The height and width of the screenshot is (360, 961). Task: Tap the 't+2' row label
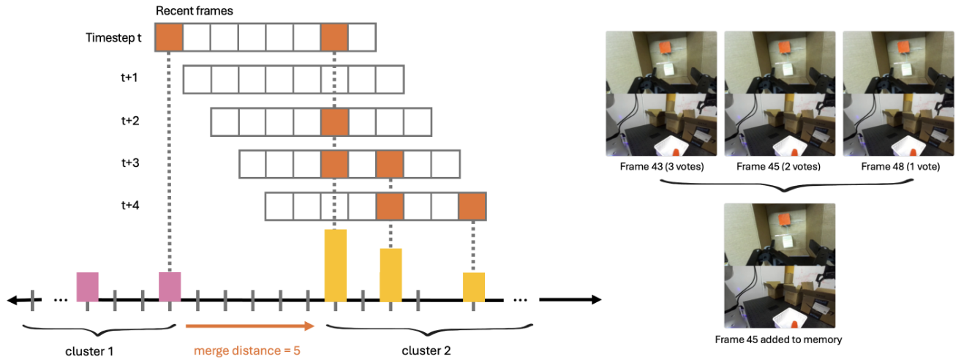coord(131,121)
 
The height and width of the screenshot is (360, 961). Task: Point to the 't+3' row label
coord(131,163)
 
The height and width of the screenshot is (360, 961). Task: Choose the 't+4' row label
coord(131,206)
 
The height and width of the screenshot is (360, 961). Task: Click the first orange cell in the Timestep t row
coord(169,37)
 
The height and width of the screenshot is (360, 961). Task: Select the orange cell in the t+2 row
coord(334,121)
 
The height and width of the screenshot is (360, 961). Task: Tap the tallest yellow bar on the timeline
coord(335,265)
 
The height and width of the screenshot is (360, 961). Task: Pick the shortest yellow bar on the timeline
coord(473,286)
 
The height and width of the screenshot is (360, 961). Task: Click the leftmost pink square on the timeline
coord(87,286)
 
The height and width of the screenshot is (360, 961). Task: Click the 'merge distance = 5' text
coord(247,350)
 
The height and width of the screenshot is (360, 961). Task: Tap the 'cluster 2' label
coord(426,350)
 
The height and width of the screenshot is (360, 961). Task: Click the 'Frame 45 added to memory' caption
coord(779,339)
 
